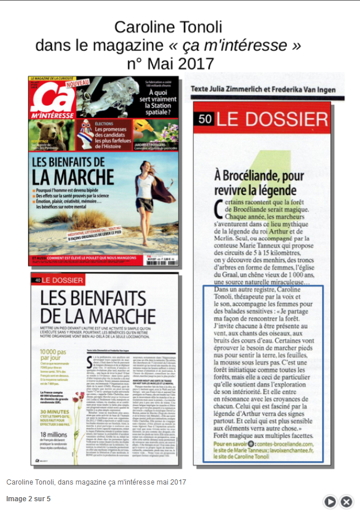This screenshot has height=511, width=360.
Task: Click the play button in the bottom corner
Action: pyautogui.click(x=330, y=501)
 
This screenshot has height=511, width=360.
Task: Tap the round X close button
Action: pyautogui.click(x=346, y=501)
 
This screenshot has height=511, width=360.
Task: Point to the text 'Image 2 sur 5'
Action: pyautogui.click(x=28, y=499)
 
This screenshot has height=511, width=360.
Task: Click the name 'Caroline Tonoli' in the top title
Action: pyautogui.click(x=167, y=26)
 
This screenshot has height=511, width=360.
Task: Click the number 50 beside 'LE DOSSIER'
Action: pyautogui.click(x=204, y=120)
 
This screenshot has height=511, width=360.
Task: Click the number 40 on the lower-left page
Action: pyautogui.click(x=37, y=280)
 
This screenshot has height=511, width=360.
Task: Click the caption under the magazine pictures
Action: pyautogui.click(x=96, y=481)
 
